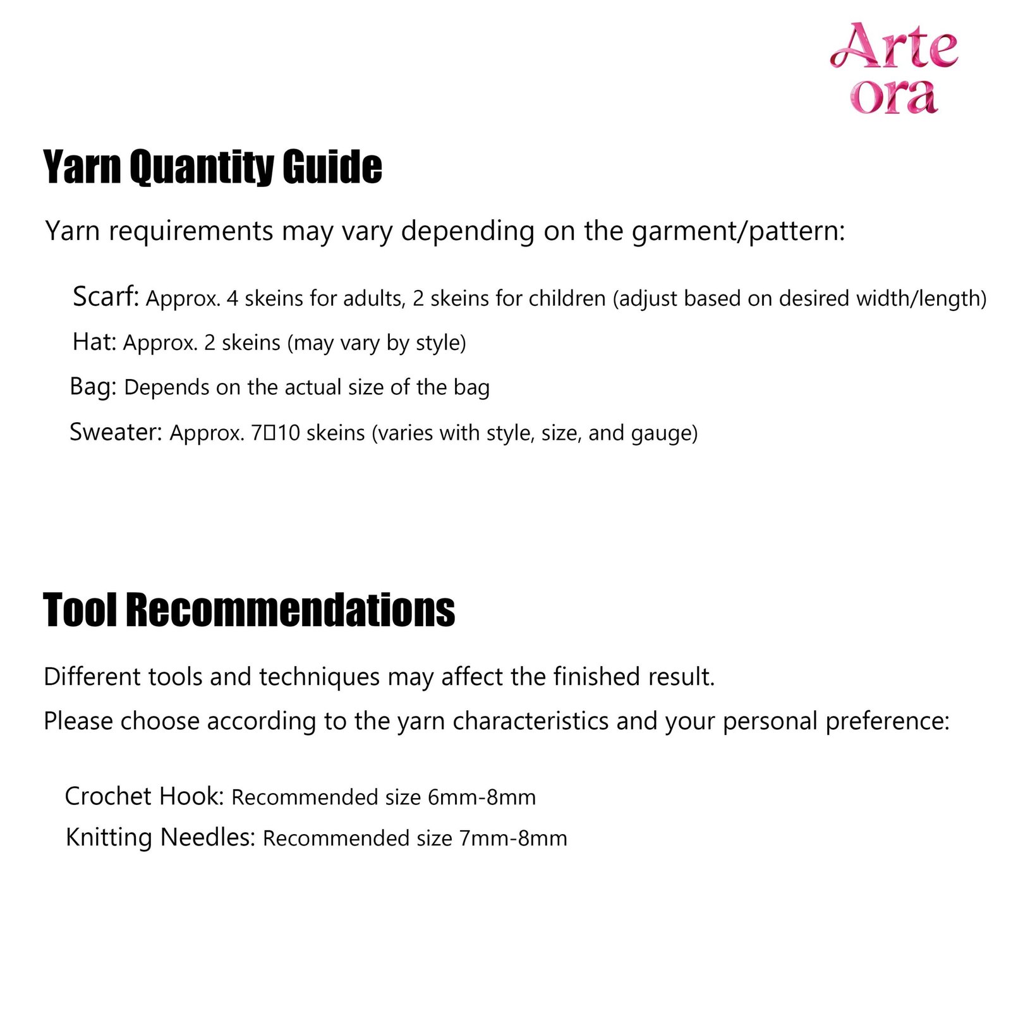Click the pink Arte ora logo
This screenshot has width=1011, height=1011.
[x=893, y=68]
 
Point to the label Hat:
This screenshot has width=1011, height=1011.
[x=95, y=342]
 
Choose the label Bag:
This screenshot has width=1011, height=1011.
[x=93, y=386]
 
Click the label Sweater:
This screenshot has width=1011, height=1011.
[x=116, y=432]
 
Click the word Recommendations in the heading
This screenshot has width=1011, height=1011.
[x=290, y=610]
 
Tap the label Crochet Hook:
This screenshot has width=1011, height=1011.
[x=145, y=796]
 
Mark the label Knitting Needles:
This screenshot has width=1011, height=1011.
[x=160, y=837]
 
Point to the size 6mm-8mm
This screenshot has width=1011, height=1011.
[x=481, y=797]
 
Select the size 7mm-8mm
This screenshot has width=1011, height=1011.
[x=513, y=838]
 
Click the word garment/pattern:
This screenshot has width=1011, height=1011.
[x=738, y=231]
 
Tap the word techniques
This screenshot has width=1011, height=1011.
[x=319, y=677]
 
